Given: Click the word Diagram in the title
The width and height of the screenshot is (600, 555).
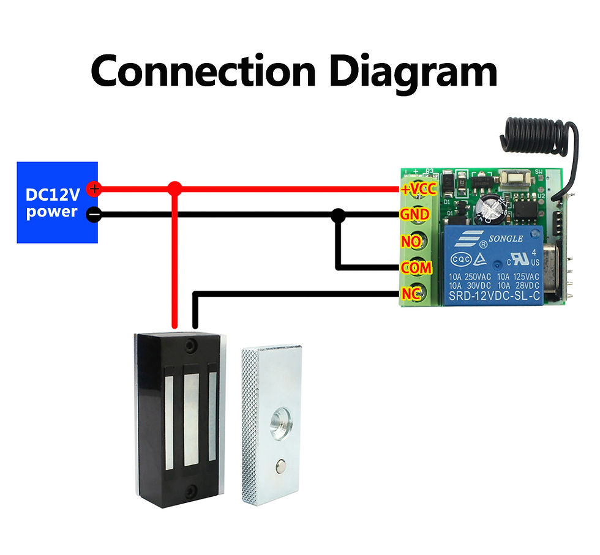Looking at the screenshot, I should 413,72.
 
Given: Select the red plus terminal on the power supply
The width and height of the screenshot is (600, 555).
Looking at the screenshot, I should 93,189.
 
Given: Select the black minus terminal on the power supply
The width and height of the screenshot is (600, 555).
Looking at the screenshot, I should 93,215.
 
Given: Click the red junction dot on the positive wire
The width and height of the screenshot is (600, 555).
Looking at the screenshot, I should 175,188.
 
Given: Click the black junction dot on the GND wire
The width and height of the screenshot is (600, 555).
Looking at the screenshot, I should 337,215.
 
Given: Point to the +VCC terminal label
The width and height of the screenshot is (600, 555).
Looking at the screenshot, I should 418,188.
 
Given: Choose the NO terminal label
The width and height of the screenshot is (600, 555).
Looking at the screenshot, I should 411,242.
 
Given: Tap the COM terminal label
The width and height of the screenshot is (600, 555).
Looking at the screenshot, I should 416,268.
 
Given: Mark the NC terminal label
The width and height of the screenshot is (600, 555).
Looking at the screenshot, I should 410,294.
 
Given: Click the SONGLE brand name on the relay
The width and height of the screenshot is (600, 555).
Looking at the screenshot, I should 506,238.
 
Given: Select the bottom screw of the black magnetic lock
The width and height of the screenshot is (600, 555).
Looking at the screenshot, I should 192,490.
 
